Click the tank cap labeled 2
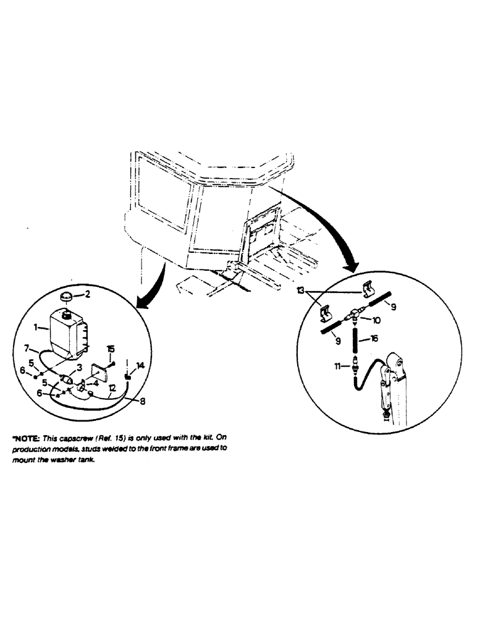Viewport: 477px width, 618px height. [69, 296]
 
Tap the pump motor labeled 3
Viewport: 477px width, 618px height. [67, 379]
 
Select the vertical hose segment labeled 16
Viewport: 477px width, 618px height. [355, 340]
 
